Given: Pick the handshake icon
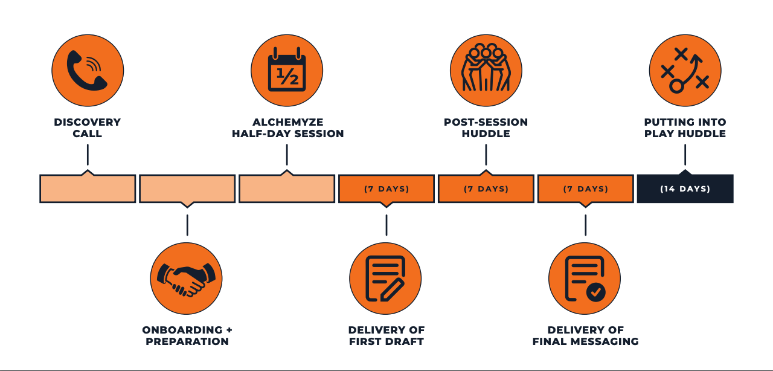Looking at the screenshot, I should [186, 279].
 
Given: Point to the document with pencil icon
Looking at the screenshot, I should [385, 279].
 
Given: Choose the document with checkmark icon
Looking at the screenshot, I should [585, 279].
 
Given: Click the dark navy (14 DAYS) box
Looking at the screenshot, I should [685, 189].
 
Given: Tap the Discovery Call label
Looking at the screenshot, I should [88, 127].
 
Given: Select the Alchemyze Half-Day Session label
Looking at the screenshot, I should [288, 127].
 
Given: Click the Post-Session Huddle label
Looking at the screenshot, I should [486, 127].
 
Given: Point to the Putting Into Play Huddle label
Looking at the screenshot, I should [685, 127].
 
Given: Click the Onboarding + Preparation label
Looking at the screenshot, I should [187, 335].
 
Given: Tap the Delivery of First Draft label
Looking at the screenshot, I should [386, 335].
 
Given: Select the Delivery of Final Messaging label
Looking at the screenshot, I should [585, 335].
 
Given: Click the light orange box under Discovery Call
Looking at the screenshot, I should [88, 189].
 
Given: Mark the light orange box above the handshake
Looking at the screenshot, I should [187, 189].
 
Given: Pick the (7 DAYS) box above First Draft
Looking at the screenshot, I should [386, 189].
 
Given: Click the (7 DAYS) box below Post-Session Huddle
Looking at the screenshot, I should [486, 189].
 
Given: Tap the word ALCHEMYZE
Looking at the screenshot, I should [287, 122].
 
